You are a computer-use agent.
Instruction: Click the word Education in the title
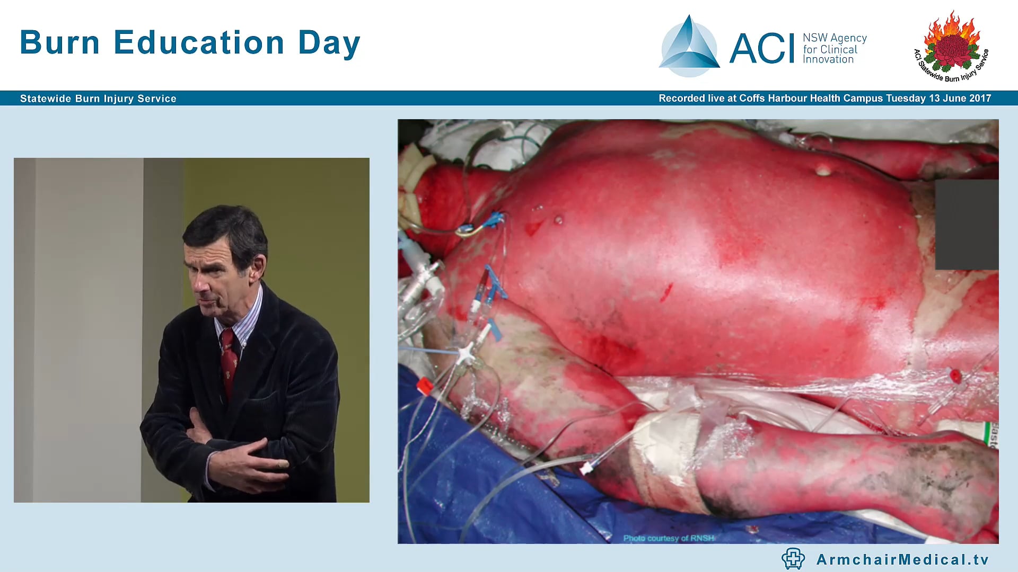click(x=199, y=42)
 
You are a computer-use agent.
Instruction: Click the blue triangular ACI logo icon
click(x=689, y=47)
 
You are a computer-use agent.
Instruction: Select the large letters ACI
click(x=762, y=49)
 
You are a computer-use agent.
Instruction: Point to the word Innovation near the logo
click(x=828, y=60)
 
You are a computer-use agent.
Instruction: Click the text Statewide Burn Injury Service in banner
click(x=98, y=99)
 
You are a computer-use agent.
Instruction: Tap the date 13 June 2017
click(x=960, y=99)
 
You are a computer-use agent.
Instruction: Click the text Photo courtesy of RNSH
click(x=669, y=538)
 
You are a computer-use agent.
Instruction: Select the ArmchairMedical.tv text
click(x=902, y=559)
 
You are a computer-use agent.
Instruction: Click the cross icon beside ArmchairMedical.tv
click(x=793, y=559)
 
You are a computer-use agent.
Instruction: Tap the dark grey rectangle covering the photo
click(x=967, y=225)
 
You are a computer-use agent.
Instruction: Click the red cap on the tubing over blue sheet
click(x=424, y=386)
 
